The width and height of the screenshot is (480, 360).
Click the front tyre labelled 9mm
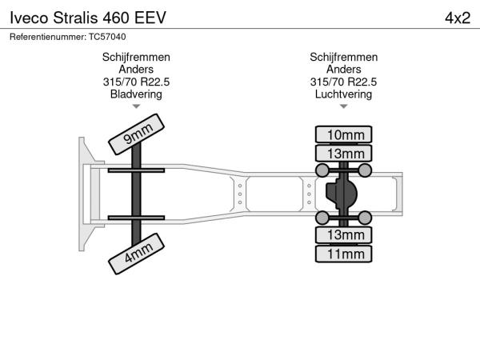(x=136, y=134)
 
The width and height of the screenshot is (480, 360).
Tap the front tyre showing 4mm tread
(x=136, y=254)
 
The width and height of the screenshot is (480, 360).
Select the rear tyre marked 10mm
(x=343, y=134)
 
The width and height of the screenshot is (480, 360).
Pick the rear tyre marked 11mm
(x=343, y=254)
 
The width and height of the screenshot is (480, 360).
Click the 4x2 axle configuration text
(x=458, y=18)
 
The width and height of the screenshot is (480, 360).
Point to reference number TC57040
(x=107, y=37)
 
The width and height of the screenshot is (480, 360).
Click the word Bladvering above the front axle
(x=136, y=94)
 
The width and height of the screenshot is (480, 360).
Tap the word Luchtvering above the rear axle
(x=343, y=94)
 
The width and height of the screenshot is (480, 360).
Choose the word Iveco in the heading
(x=29, y=18)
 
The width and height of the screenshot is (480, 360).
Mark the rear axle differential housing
(x=342, y=194)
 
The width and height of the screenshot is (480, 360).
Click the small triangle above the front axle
(x=136, y=106)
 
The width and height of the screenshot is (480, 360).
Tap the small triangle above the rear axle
(x=343, y=106)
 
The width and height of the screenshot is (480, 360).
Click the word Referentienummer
(x=48, y=37)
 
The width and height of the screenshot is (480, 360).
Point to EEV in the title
(x=150, y=18)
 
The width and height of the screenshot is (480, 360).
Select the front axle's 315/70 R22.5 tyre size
(x=136, y=82)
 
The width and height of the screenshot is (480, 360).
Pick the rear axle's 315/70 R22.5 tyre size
(x=343, y=82)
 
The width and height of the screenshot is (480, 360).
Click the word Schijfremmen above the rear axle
(x=343, y=58)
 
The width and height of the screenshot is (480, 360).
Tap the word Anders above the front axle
(x=136, y=70)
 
